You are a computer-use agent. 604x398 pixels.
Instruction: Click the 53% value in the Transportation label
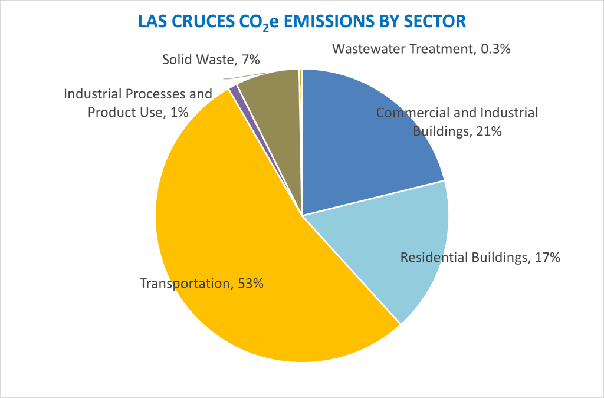tap(250, 284)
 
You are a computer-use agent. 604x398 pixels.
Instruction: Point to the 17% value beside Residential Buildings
tap(547, 257)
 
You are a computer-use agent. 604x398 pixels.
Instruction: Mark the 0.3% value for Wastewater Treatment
tap(495, 48)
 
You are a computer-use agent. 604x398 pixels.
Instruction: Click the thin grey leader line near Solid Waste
tap(234, 77)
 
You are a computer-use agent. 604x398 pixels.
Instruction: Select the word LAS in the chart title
tap(150, 21)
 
